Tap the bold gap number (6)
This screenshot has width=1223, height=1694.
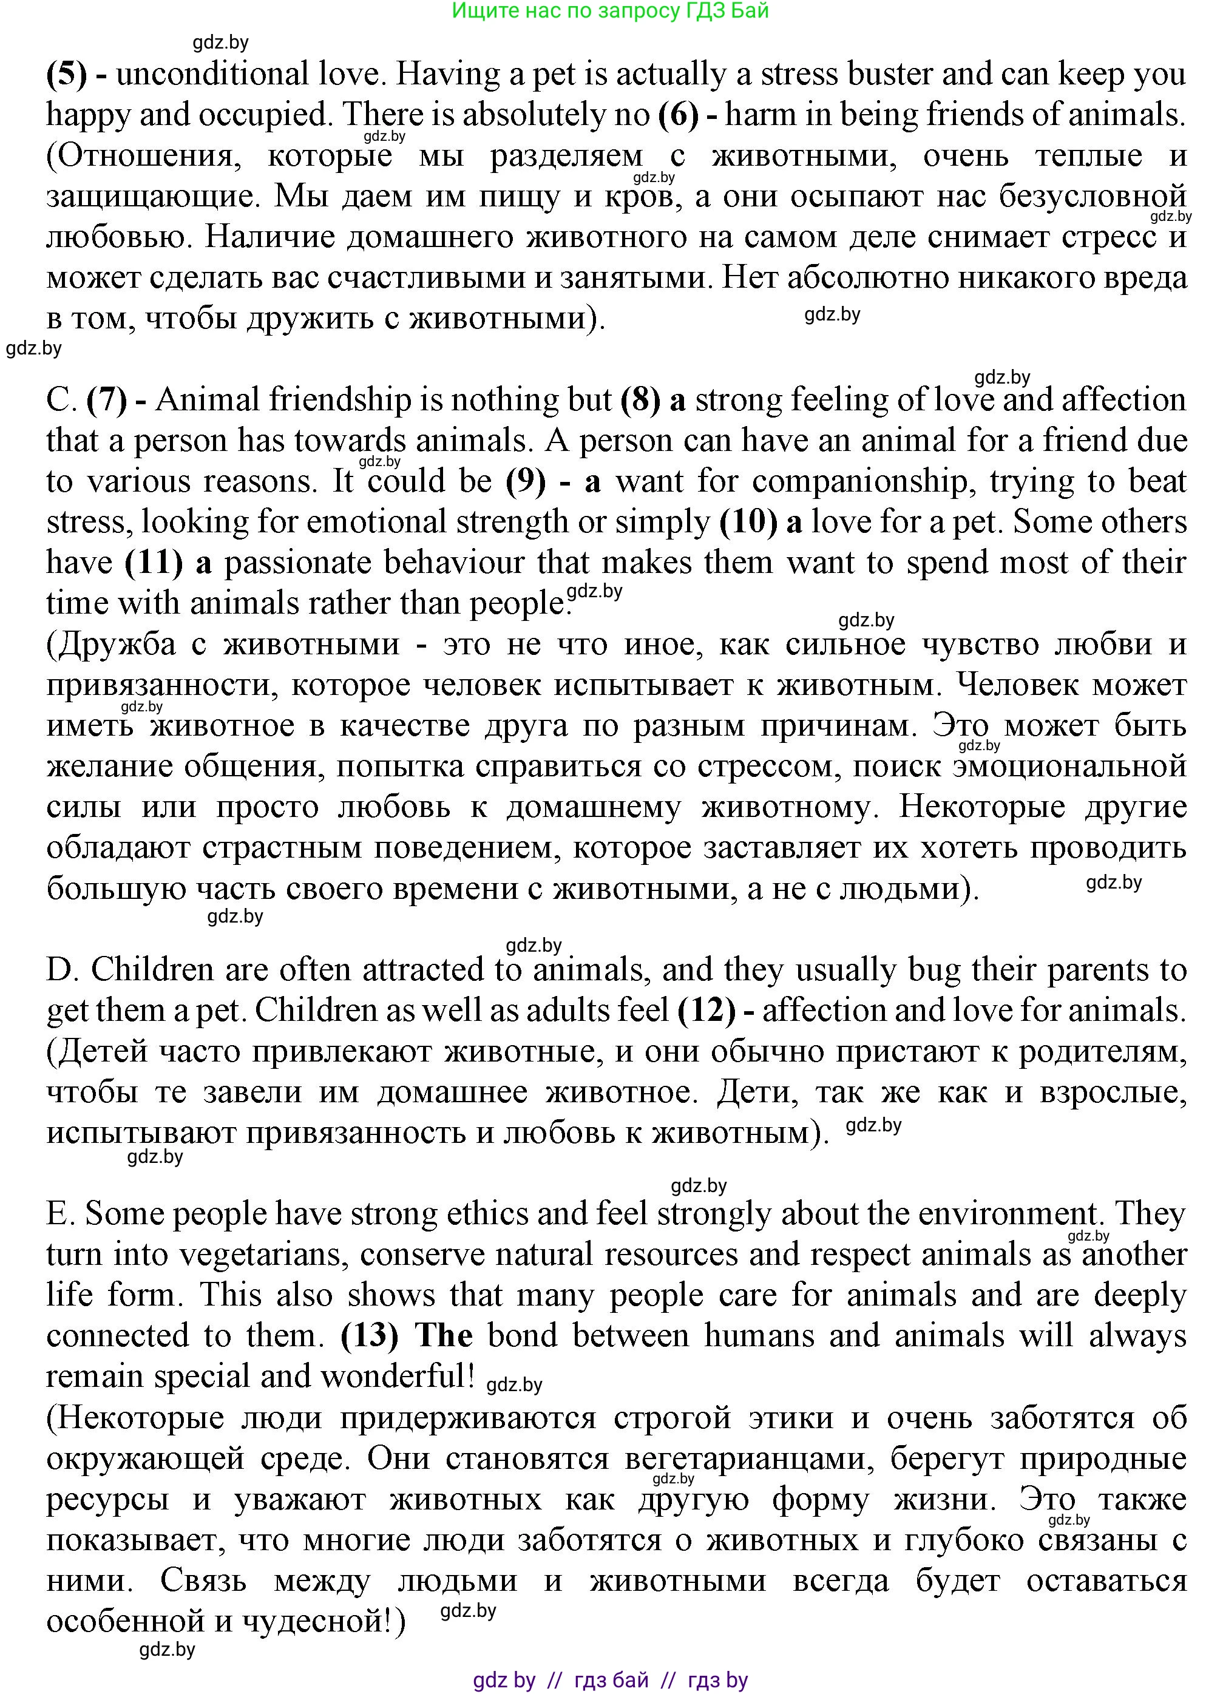tap(677, 115)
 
